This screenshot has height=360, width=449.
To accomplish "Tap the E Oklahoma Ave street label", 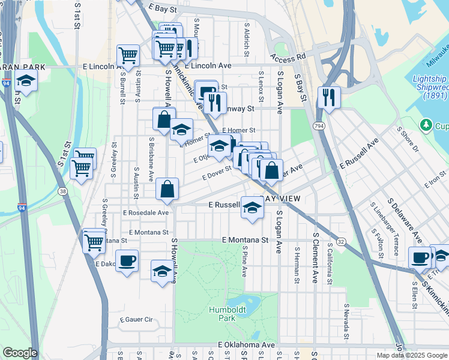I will tap(246, 345).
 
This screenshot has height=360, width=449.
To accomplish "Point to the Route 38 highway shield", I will tap(62, 191).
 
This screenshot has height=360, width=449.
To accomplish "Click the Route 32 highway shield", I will tap(340, 241).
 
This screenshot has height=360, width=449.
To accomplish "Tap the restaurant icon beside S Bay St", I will tap(329, 97).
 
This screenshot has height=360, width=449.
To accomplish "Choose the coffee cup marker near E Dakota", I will tap(127, 261).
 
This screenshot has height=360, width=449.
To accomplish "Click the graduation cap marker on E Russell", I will tap(253, 208).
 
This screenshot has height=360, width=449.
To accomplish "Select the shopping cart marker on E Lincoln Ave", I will tap(128, 56).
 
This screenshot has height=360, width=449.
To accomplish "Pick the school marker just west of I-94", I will tap(26, 81).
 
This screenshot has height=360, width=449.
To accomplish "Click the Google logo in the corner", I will tap(20, 353).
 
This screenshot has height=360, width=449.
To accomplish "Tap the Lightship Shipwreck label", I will tap(430, 87).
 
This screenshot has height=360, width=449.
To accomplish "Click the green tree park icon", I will tap(426, 125).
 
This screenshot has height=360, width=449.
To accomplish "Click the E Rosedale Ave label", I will tap(146, 212).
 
